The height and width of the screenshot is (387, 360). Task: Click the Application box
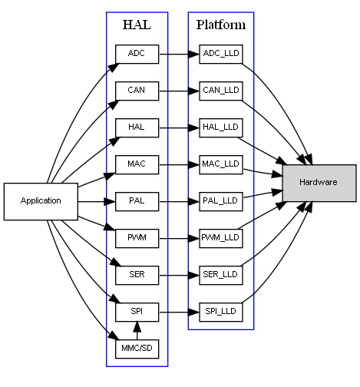[x=41, y=201]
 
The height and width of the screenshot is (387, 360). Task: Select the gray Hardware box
[x=319, y=183]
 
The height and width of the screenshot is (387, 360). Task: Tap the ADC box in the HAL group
[x=137, y=54]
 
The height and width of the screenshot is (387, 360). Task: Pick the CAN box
[x=137, y=91]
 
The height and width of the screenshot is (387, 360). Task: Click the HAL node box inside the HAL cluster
[x=137, y=127]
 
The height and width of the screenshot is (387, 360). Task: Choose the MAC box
[x=137, y=164]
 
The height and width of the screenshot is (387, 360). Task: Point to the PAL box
[x=137, y=201]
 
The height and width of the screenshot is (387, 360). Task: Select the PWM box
[x=137, y=238]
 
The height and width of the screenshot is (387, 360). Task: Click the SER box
[x=137, y=275]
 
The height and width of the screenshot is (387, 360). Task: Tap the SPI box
[x=137, y=312]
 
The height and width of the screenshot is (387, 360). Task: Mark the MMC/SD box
[x=137, y=349]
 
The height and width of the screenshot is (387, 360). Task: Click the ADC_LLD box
[x=221, y=54]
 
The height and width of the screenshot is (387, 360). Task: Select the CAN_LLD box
[x=221, y=91]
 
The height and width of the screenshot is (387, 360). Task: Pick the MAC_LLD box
[x=221, y=164]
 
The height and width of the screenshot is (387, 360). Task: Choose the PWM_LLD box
[x=221, y=238]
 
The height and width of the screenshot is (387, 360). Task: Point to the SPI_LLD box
[x=221, y=312]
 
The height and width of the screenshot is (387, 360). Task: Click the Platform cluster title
[x=221, y=25]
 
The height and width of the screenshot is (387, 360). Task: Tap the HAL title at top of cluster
[x=137, y=25]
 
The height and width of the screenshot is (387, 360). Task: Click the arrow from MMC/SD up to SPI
[x=137, y=330]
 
